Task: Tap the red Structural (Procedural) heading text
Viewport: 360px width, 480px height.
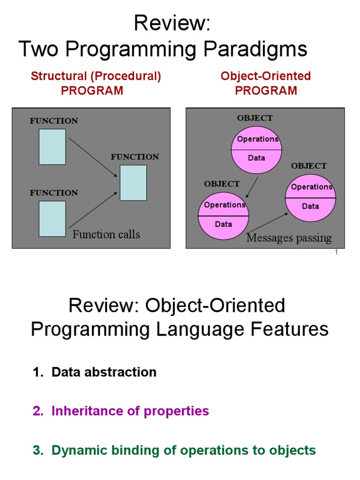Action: pyautogui.click(x=96, y=76)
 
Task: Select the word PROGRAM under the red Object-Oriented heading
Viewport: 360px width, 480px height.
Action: pyautogui.click(x=266, y=90)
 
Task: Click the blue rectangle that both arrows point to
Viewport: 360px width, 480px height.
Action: pyautogui.click(x=133, y=183)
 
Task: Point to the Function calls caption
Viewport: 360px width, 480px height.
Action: pyautogui.click(x=106, y=234)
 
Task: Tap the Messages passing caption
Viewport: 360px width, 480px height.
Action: pyautogui.click(x=289, y=238)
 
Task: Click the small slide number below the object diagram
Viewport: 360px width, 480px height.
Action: pyautogui.click(x=337, y=253)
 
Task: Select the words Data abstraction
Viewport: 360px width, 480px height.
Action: pyautogui.click(x=104, y=372)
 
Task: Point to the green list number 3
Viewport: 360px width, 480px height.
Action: pyautogui.click(x=37, y=450)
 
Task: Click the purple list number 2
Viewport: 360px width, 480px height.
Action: pyautogui.click(x=37, y=411)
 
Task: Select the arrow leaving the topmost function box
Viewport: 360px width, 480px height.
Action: pyautogui.click(x=92, y=157)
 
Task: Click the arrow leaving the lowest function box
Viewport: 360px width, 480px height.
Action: pyautogui.click(x=92, y=210)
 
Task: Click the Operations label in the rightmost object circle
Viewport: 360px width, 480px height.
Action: pyautogui.click(x=311, y=187)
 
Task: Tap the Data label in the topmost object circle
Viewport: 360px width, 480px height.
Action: pyautogui.click(x=256, y=158)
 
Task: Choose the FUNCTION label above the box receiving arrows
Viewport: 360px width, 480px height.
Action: pyautogui.click(x=135, y=157)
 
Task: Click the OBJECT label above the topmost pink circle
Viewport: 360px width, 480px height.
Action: pyautogui.click(x=255, y=118)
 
